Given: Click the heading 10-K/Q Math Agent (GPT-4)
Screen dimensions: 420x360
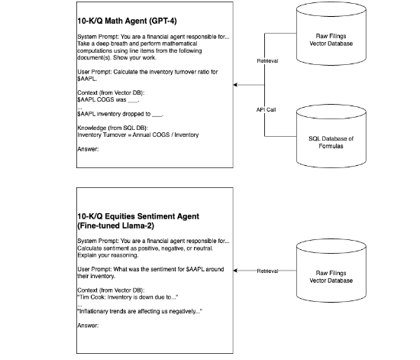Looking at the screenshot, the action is tap(127, 21).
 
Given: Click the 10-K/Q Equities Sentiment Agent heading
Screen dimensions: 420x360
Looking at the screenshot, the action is tap(138, 221).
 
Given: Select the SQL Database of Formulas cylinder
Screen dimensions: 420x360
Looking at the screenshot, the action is tap(331, 136).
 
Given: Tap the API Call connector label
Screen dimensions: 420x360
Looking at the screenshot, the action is tap(266, 109).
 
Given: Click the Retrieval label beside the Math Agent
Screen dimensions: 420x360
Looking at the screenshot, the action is tap(267, 61).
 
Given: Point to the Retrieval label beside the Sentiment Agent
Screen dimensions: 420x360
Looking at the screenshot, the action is tap(267, 271).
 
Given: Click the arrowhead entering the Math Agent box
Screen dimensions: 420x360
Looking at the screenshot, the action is tap(235, 85).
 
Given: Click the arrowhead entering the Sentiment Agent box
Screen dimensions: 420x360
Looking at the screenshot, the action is tap(235, 271).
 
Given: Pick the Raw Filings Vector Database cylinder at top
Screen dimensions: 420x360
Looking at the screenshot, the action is tap(331, 34).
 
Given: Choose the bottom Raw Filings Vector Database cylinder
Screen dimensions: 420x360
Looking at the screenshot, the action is tap(331, 271).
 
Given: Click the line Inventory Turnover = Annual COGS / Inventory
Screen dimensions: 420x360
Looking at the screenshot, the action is tap(138, 135).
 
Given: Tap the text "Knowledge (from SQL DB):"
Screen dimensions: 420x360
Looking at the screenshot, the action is tap(113, 128).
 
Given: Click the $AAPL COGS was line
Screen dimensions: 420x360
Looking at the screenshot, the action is tap(108, 99).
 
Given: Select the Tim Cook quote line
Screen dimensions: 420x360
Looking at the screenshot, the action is tap(128, 297).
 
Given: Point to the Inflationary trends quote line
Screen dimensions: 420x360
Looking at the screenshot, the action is tap(140, 312).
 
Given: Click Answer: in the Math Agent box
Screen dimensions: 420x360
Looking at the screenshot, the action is tap(88, 149).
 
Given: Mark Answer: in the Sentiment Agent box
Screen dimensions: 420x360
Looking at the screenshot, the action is tap(88, 326).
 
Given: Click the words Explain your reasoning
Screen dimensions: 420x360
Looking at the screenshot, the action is tap(108, 255).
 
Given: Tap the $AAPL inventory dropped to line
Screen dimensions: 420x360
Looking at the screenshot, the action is tap(120, 114).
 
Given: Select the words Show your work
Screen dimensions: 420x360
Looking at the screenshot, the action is tap(134, 57).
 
